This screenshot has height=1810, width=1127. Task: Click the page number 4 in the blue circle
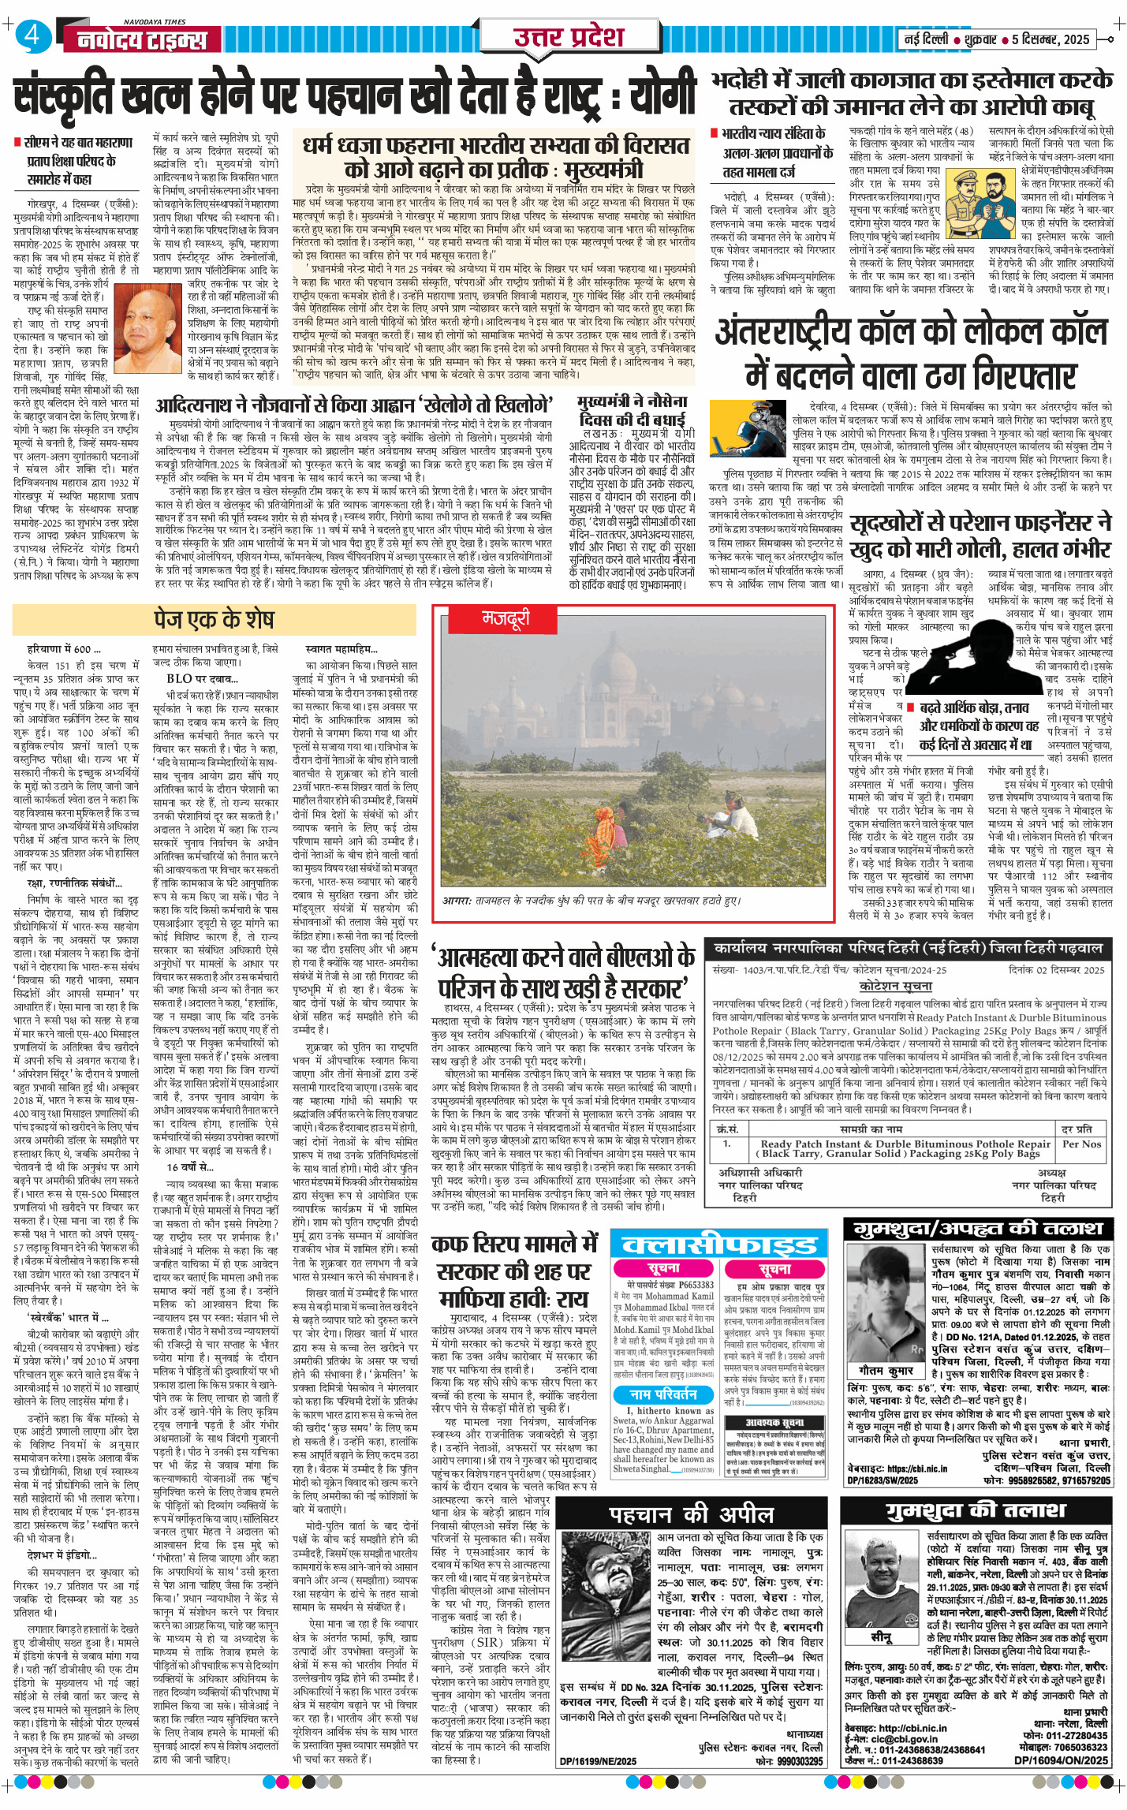[x=31, y=36]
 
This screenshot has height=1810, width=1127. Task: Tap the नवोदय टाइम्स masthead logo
[x=142, y=39]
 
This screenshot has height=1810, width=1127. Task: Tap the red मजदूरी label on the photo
[x=506, y=619]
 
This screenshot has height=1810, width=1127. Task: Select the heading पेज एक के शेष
[x=214, y=619]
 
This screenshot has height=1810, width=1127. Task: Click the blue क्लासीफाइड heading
[x=719, y=1245]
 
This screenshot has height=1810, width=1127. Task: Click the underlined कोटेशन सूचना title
[x=894, y=986]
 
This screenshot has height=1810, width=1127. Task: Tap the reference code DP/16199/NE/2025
[x=598, y=1782]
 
